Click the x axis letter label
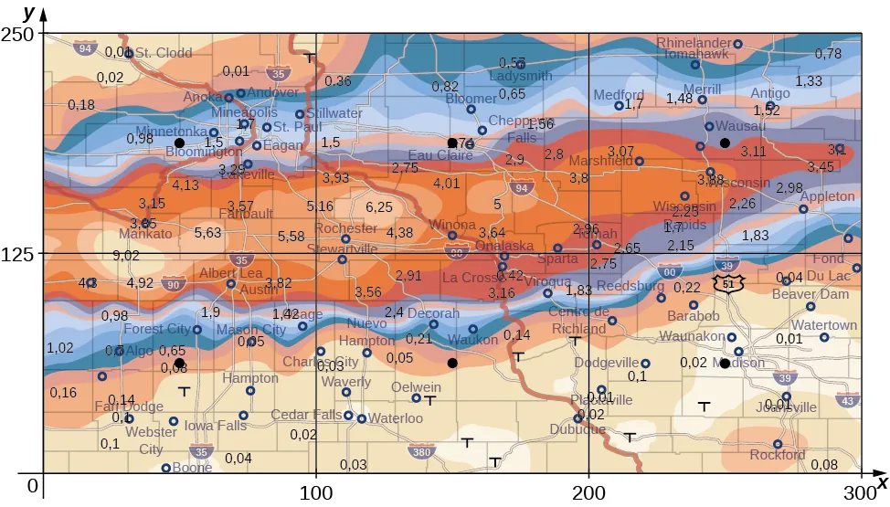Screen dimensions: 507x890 [882, 481]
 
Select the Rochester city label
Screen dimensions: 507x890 [345, 228]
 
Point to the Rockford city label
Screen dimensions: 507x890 [779, 455]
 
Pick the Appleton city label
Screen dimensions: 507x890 [827, 196]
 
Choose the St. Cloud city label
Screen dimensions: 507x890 [164, 53]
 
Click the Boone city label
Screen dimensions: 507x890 [192, 468]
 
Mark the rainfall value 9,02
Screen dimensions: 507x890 [126, 256]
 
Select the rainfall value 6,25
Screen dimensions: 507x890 [378, 207]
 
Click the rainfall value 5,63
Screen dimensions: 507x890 [208, 233]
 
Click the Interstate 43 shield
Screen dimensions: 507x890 [847, 400]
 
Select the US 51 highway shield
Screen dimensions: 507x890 [728, 284]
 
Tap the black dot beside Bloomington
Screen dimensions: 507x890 [179, 143]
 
